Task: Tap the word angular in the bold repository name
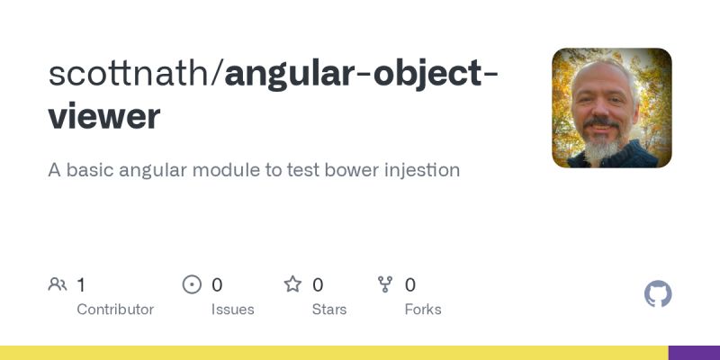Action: click(x=283, y=74)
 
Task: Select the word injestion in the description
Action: click(x=416, y=169)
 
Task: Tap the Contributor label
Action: click(x=115, y=309)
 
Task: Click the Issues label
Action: click(x=232, y=309)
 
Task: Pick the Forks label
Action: click(x=423, y=309)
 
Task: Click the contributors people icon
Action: click(x=58, y=285)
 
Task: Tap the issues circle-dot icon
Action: click(x=192, y=285)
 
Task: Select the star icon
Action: click(x=292, y=285)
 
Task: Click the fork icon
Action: click(x=386, y=285)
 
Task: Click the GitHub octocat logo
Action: click(x=658, y=294)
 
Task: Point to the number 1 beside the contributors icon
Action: click(x=81, y=285)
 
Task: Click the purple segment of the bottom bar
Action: click(x=694, y=353)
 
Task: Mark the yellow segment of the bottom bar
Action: click(x=333, y=353)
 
